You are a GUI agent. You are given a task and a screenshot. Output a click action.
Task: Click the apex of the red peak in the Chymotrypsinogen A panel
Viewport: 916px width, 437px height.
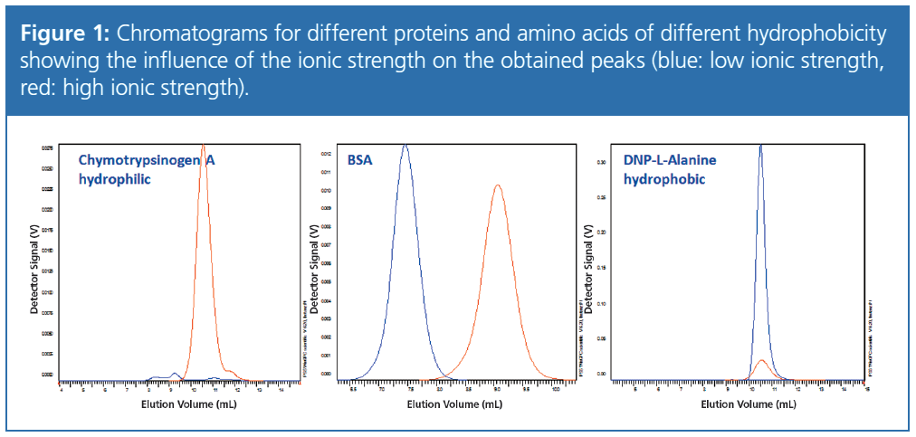click(x=204, y=146)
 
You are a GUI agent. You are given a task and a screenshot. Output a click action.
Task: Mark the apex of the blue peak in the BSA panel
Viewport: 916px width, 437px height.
click(x=406, y=146)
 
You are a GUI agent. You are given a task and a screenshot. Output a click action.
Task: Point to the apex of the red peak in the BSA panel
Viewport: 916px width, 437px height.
click(x=498, y=185)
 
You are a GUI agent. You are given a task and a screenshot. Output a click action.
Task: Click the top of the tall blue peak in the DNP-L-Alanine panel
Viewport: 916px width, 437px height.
click(x=760, y=146)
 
